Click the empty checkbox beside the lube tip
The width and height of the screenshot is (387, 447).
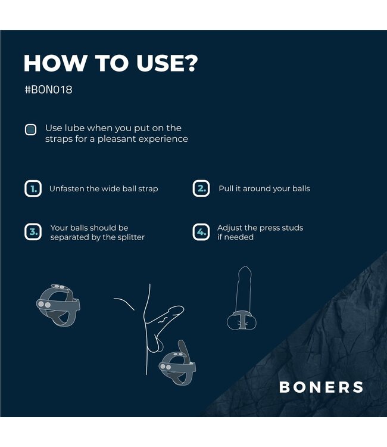click(x=30, y=129)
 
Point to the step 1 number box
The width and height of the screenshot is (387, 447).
click(x=32, y=189)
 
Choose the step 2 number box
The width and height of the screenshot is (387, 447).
click(x=201, y=189)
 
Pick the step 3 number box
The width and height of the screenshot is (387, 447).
click(x=32, y=232)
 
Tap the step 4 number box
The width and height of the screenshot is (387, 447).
click(x=201, y=232)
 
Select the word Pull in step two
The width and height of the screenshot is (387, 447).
click(x=227, y=189)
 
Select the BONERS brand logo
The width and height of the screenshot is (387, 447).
click(x=321, y=387)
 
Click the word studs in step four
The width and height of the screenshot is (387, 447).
click(x=292, y=228)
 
